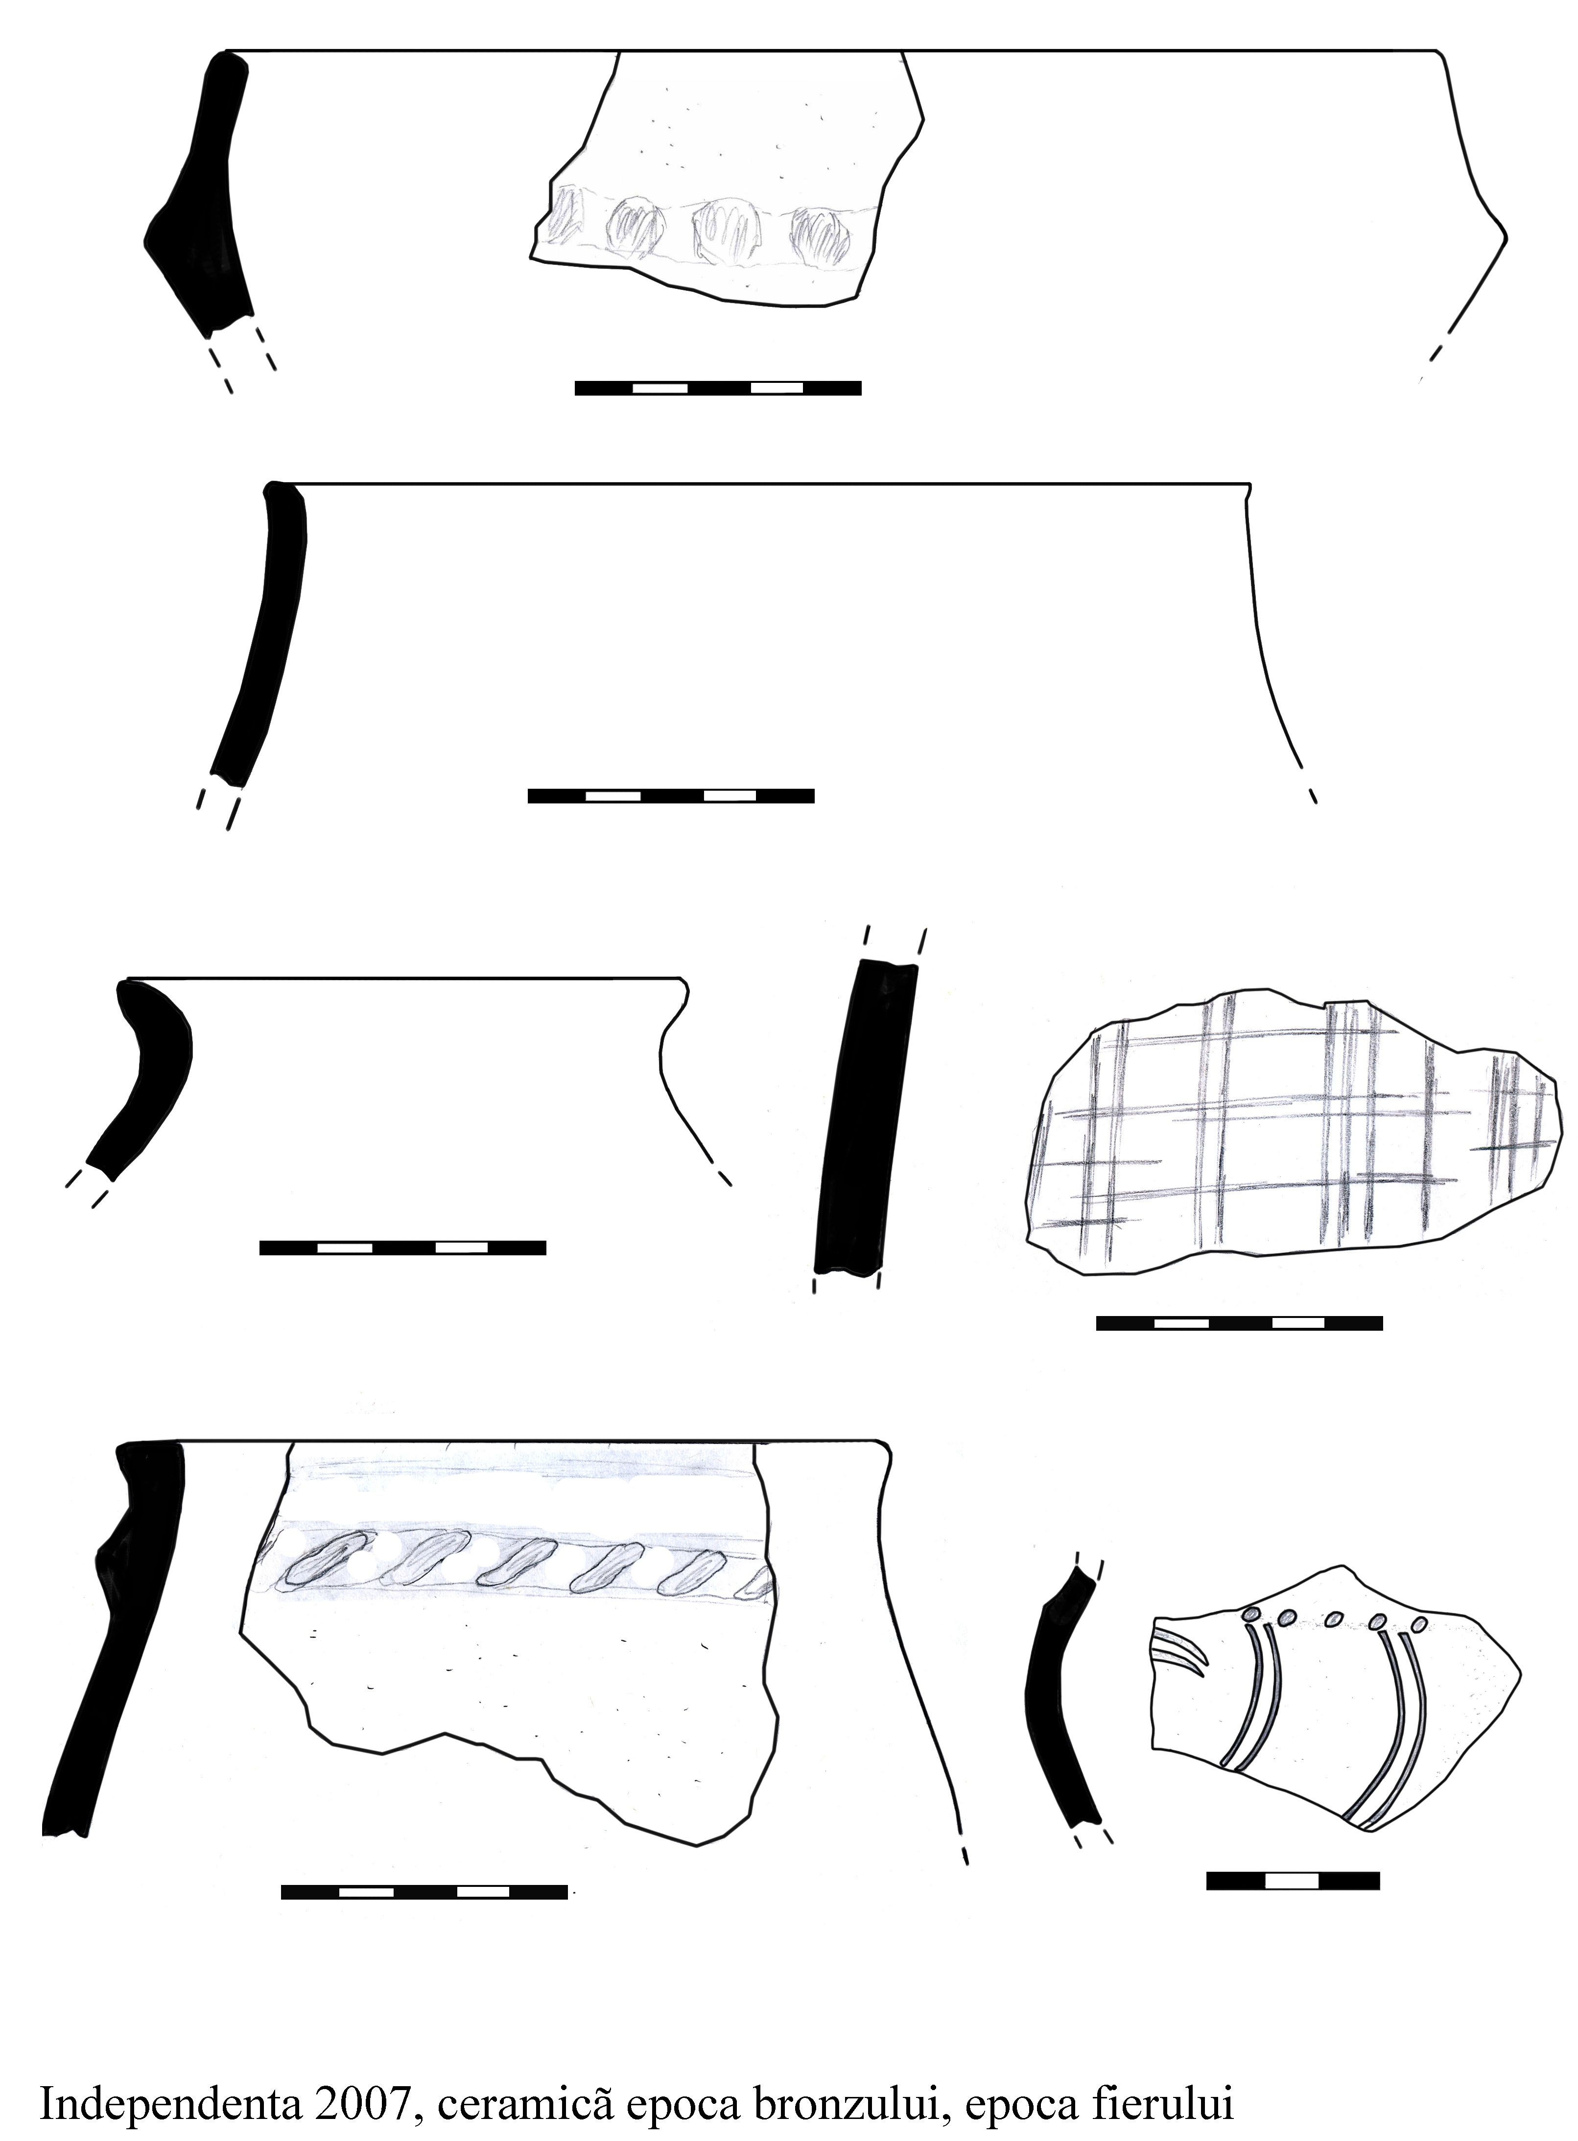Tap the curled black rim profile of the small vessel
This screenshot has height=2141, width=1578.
click(143, 1074)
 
